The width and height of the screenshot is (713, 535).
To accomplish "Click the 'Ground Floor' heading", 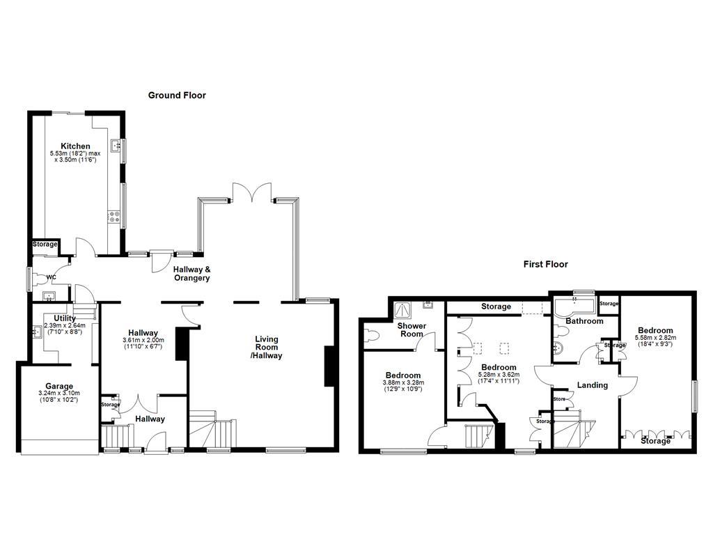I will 177,95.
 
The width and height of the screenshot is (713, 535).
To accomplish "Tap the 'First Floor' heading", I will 545,264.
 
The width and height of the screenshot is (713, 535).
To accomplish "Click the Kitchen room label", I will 75,146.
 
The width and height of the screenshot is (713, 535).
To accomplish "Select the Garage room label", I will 59,386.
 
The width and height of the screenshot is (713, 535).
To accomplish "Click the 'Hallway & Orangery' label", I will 191,274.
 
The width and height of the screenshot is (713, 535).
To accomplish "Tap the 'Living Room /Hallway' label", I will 265,347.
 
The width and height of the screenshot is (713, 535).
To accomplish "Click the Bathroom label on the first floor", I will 583,321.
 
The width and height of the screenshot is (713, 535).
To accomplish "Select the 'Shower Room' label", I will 411,329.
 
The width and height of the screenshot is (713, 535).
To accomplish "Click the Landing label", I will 592,385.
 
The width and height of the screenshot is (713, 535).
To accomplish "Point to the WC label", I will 51,277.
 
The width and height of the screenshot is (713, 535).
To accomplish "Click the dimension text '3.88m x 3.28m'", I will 402,382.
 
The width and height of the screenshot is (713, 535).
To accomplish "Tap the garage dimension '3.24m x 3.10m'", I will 59,394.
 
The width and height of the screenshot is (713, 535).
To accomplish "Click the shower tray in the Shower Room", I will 403,309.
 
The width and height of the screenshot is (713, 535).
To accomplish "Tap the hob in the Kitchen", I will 113,217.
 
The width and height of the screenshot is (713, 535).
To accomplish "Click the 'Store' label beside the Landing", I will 558,399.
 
